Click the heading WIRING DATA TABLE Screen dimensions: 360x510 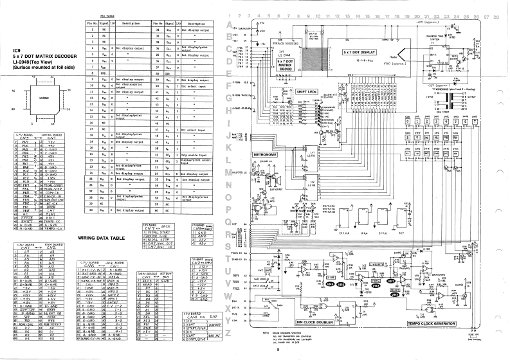point(104,237)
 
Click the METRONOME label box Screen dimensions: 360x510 point(264,154)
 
